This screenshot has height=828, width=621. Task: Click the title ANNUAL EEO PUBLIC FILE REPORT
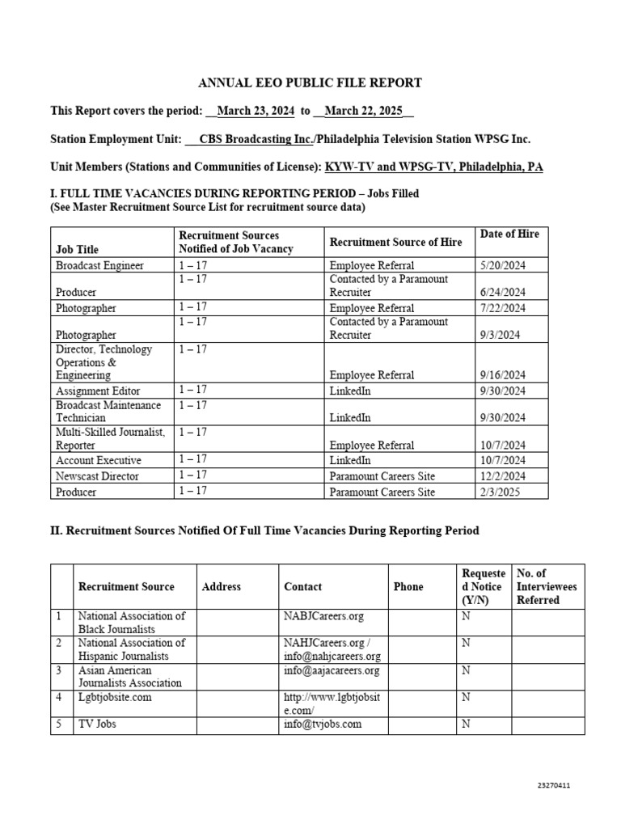(310, 83)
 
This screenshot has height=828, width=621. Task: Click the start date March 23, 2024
(256, 112)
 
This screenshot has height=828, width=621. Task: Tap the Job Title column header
(78, 249)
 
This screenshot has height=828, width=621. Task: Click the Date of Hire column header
(509, 234)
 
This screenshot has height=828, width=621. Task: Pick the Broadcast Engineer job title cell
(99, 265)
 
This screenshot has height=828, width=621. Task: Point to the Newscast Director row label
(97, 476)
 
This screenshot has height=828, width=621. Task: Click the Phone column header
(408, 586)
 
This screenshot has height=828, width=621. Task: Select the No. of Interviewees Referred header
(547, 586)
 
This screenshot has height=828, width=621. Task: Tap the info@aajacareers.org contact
(332, 670)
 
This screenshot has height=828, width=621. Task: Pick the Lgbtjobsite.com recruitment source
(115, 697)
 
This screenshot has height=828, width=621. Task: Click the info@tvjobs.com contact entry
(323, 724)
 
